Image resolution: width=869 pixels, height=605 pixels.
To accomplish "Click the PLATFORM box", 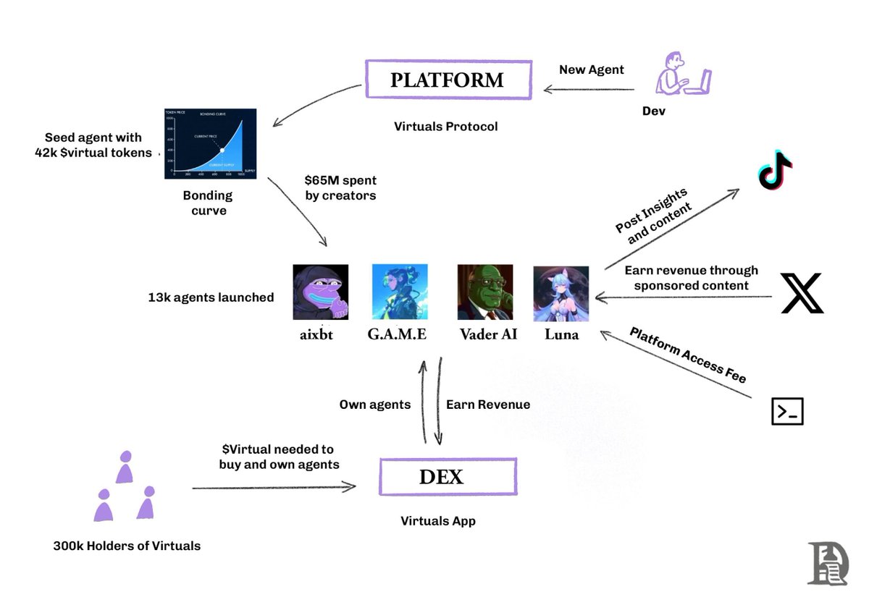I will pyautogui.click(x=447, y=80).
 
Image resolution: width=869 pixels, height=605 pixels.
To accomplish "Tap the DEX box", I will pyautogui.click(x=448, y=477).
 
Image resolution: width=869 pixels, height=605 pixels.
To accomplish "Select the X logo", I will pyautogui.click(x=802, y=293).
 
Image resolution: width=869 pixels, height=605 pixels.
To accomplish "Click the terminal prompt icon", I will pyautogui.click(x=787, y=411).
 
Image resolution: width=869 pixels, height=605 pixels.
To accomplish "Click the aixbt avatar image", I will pyautogui.click(x=321, y=292).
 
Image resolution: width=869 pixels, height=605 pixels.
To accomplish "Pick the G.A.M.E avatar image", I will pyautogui.click(x=400, y=292).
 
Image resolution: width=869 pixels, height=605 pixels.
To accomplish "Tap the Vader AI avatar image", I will pyautogui.click(x=485, y=292).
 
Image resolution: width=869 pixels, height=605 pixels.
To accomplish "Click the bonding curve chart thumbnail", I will pyautogui.click(x=211, y=144).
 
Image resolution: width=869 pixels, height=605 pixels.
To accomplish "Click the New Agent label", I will pyautogui.click(x=591, y=69).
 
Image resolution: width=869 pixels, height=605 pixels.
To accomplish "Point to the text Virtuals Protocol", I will pyautogui.click(x=446, y=127).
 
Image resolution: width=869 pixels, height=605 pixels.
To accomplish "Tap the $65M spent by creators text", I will pyautogui.click(x=340, y=187).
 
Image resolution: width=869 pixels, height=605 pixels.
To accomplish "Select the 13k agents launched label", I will pyautogui.click(x=211, y=297).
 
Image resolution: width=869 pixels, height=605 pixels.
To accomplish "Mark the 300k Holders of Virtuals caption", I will pyautogui.click(x=127, y=546).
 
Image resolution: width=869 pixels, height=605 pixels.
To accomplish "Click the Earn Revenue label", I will pyautogui.click(x=487, y=405).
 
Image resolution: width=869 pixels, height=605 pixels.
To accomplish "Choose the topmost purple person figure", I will pyautogui.click(x=125, y=467).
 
